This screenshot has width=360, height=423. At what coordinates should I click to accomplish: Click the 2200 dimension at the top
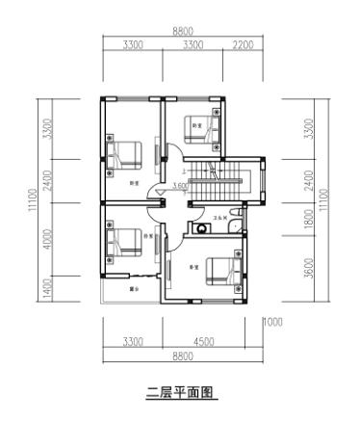244,45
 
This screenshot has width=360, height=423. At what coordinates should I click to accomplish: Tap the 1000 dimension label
273,322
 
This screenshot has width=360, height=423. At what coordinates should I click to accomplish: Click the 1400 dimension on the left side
45,286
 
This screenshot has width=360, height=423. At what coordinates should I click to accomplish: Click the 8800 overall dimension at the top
182,33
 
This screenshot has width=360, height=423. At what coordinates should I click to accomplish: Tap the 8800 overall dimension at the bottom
182,356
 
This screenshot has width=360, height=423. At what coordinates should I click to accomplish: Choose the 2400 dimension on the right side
308,179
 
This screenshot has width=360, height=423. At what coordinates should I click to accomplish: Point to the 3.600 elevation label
180,186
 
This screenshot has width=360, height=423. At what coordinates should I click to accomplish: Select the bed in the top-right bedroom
207,126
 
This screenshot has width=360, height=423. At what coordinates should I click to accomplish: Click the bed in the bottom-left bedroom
126,240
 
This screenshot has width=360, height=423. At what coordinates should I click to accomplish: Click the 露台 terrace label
135,288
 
